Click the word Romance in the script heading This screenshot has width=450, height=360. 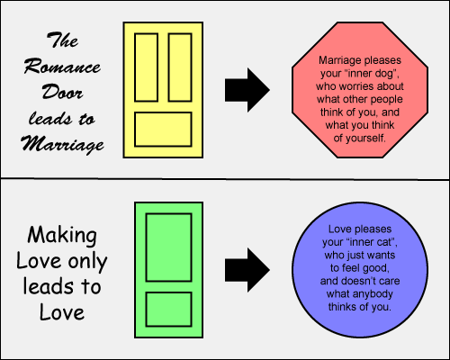(x=62, y=66)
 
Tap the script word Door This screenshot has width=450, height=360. (x=62, y=92)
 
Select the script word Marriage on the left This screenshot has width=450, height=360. (x=62, y=144)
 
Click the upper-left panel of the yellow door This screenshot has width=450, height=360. (x=147, y=67)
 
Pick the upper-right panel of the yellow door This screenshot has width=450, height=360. (x=180, y=67)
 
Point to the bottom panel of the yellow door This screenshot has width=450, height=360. (x=163, y=130)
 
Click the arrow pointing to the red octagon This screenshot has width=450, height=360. (x=247, y=90)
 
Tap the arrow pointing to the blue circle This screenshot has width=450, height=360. (x=247, y=270)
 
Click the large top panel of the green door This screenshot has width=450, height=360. (x=169, y=247)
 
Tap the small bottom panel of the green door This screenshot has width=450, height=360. (x=169, y=310)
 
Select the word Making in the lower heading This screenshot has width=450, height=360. (x=62, y=235)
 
